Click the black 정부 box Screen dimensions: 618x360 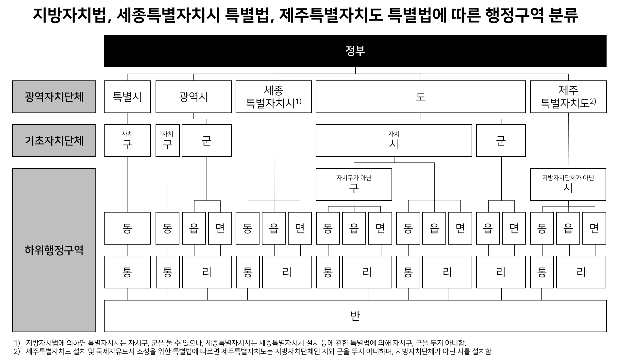[355, 51]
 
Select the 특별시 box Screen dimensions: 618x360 [127, 97]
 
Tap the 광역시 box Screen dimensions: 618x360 [193, 97]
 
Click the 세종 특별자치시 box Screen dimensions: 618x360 [274, 97]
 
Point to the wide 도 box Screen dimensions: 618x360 [421, 97]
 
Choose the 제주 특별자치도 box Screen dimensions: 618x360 [568, 97]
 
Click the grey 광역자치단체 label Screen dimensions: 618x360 [54, 97]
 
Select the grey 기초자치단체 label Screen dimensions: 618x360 [54, 141]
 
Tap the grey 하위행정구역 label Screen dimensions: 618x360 [54, 250]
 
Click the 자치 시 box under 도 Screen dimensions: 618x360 [394, 141]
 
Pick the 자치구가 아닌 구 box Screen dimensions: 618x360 [354, 184]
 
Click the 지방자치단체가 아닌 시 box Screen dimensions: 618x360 [568, 184]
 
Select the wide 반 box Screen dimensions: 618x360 [355, 316]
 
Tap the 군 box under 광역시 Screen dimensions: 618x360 [207, 141]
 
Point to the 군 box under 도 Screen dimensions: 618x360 [501, 141]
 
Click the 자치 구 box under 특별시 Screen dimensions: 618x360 [127, 141]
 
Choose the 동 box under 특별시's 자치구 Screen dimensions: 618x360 [127, 228]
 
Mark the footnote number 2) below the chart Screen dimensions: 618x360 [17, 351]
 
